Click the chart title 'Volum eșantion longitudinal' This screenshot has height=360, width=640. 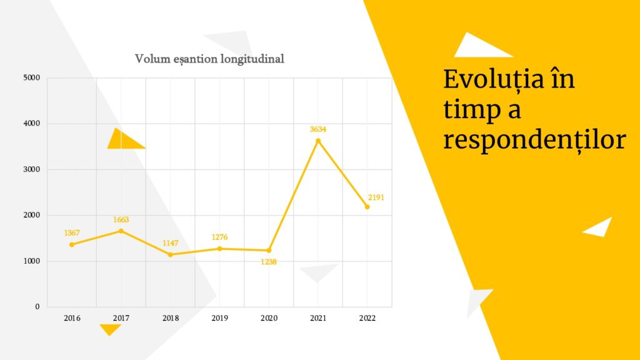click(209, 59)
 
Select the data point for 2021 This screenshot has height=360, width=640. click(318, 141)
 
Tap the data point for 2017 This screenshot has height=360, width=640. click(121, 231)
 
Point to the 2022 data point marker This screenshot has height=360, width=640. click(367, 207)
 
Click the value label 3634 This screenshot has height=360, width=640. click(318, 129)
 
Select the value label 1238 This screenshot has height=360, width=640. click(269, 262)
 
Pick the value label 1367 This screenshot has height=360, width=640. click(72, 233)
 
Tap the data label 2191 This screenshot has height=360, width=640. click(376, 197)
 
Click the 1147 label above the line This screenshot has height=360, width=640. click(170, 243)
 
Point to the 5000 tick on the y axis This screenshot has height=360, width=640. click(32, 77)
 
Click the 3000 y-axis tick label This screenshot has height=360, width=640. click(32, 169)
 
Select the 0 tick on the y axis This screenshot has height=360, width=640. click(37, 306)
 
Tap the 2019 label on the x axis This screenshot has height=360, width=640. click(219, 318)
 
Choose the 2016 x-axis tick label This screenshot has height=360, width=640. click(72, 318)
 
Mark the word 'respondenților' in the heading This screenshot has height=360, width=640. click(535, 141)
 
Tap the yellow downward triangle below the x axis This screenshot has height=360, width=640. click(110, 329)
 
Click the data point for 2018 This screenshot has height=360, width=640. click(170, 255)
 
